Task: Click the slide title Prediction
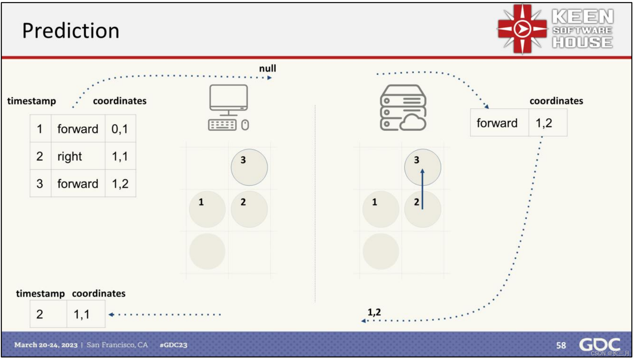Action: click(x=71, y=31)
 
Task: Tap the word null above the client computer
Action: click(x=267, y=69)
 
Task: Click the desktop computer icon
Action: click(x=229, y=107)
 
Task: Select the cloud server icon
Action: click(x=403, y=108)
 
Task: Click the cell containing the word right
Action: click(x=78, y=156)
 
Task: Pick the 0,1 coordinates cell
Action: click(x=120, y=129)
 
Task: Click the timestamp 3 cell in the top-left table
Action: click(x=40, y=183)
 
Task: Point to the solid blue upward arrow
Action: click(x=422, y=189)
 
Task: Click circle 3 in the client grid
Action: click(x=249, y=167)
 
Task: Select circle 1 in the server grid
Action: click(x=380, y=209)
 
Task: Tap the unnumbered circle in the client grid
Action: click(x=207, y=251)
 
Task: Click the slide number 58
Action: click(x=561, y=345)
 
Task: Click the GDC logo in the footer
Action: click(x=599, y=344)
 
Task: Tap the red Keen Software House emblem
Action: click(x=522, y=29)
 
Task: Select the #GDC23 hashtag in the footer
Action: click(x=173, y=345)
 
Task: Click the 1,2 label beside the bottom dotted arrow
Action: click(x=374, y=312)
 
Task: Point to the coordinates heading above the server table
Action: click(x=556, y=101)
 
